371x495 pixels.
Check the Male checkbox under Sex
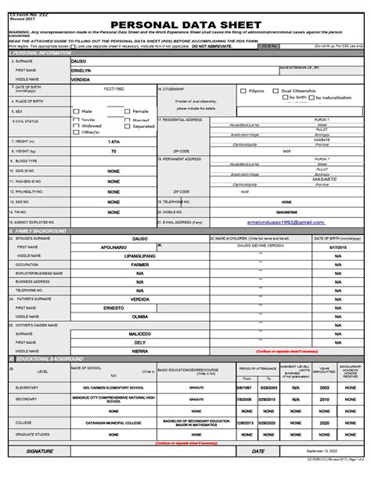tap(77, 111)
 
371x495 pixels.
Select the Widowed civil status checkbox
tap(77, 125)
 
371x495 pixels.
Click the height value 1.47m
tap(114, 141)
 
